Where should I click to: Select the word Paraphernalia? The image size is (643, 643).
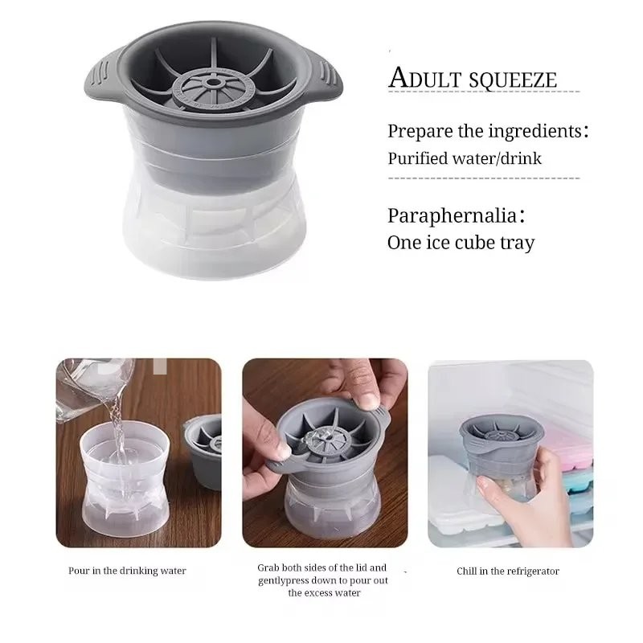pos(452,215)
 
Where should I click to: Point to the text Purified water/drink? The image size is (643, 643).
pos(465,158)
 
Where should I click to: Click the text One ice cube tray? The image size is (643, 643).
pos(461,243)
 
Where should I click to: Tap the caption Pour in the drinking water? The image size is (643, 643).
pos(127,571)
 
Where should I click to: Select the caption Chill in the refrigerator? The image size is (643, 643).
pos(508,571)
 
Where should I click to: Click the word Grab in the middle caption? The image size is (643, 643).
pos(268,568)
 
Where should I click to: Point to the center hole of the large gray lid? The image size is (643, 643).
pos(214,83)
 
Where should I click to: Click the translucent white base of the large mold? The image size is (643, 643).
pos(215,230)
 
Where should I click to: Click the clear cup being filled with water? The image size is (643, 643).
pos(125,480)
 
